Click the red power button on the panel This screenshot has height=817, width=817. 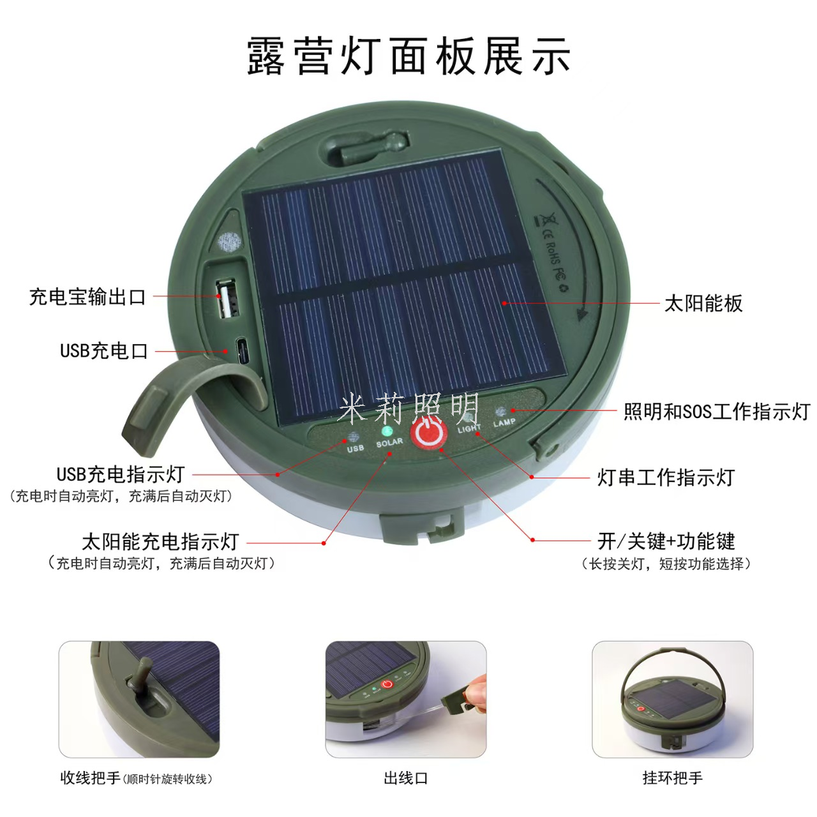tap(428, 433)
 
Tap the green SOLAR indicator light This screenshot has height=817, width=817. tap(387, 431)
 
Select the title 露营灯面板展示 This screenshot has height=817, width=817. tap(408, 56)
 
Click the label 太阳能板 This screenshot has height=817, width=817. tap(703, 303)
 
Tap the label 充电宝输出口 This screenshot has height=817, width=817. tap(87, 297)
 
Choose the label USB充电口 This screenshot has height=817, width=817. tap(104, 351)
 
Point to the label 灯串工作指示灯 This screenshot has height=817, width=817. tap(666, 477)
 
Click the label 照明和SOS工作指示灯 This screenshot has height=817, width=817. tap(717, 411)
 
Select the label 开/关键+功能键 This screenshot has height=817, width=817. tap(666, 541)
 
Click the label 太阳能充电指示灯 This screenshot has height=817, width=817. tap(161, 542)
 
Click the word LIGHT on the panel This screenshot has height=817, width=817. tap(469, 429)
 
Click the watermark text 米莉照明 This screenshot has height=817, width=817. tap(408, 408)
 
